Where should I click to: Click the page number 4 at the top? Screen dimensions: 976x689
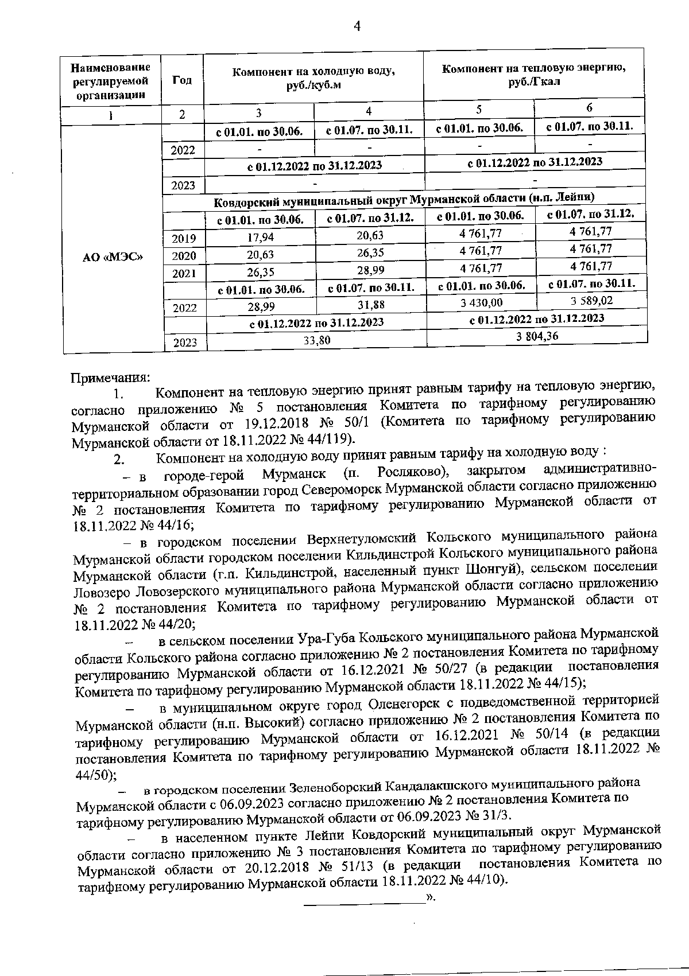pyautogui.click(x=357, y=26)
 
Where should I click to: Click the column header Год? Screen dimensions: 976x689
pyautogui.click(x=181, y=80)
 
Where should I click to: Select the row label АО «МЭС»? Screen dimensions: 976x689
pyautogui.click(x=113, y=257)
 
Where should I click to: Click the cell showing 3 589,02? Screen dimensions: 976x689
pyautogui.click(x=591, y=301)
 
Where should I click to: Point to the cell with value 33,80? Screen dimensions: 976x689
pyautogui.click(x=317, y=340)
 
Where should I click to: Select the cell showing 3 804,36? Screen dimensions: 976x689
pyautogui.click(x=537, y=337)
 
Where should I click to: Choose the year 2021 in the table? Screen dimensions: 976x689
pyautogui.click(x=184, y=274)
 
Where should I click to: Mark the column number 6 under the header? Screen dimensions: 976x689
pyautogui.click(x=589, y=107)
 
